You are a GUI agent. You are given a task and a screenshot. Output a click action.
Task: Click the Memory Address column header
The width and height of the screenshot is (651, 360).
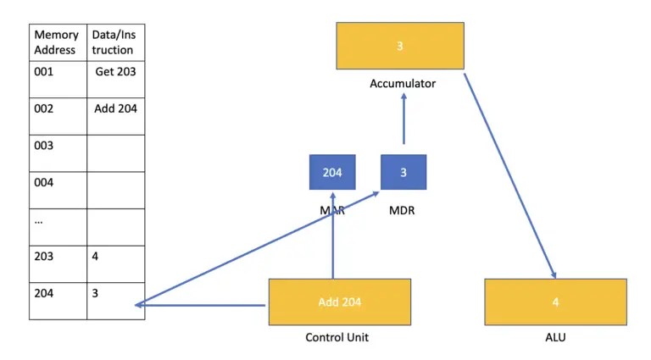coord(57,42)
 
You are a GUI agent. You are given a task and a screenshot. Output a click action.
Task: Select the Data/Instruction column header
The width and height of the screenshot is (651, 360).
coord(114,42)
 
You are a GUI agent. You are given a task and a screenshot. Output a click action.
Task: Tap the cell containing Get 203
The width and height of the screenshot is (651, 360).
coord(115,72)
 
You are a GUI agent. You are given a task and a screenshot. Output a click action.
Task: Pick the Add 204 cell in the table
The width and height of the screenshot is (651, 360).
coord(115,108)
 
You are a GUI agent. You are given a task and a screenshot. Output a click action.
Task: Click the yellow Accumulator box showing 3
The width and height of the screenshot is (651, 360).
coord(400,46)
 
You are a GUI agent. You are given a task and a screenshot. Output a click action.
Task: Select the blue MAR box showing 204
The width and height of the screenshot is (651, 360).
coord(332,172)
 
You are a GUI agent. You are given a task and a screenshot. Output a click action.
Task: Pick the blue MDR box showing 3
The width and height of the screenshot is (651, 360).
coord(403,172)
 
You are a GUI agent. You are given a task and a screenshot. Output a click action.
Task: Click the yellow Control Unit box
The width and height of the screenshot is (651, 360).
coord(339,302)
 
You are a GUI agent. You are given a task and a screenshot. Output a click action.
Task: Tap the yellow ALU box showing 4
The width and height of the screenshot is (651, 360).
coord(555,302)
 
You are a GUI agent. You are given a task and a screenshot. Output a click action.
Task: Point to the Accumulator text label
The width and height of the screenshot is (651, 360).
coord(403,84)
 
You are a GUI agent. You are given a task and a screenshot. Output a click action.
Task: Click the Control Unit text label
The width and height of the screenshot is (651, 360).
coord(337,338)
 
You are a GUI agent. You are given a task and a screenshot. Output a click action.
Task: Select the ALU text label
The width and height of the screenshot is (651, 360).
coord(555,338)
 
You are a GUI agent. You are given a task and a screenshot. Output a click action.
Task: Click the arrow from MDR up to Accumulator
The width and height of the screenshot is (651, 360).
coord(403,119)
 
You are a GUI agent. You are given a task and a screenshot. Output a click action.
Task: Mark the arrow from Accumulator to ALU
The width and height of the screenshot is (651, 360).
coord(509,174)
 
